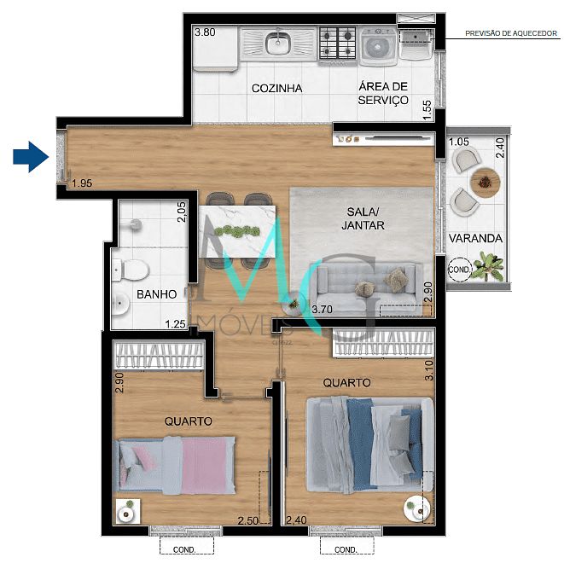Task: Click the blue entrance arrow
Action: tap(28, 156)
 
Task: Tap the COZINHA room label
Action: tap(276, 88)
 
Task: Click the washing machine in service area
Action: tap(376, 48)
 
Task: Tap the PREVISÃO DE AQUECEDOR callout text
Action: tap(510, 34)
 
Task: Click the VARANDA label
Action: tap(477, 238)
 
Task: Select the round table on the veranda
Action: tap(486, 181)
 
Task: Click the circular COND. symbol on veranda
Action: tap(460, 269)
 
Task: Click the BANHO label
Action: tap(157, 294)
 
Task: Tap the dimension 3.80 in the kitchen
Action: tap(205, 33)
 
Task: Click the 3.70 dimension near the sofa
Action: tap(323, 309)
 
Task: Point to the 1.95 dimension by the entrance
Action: tap(82, 183)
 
